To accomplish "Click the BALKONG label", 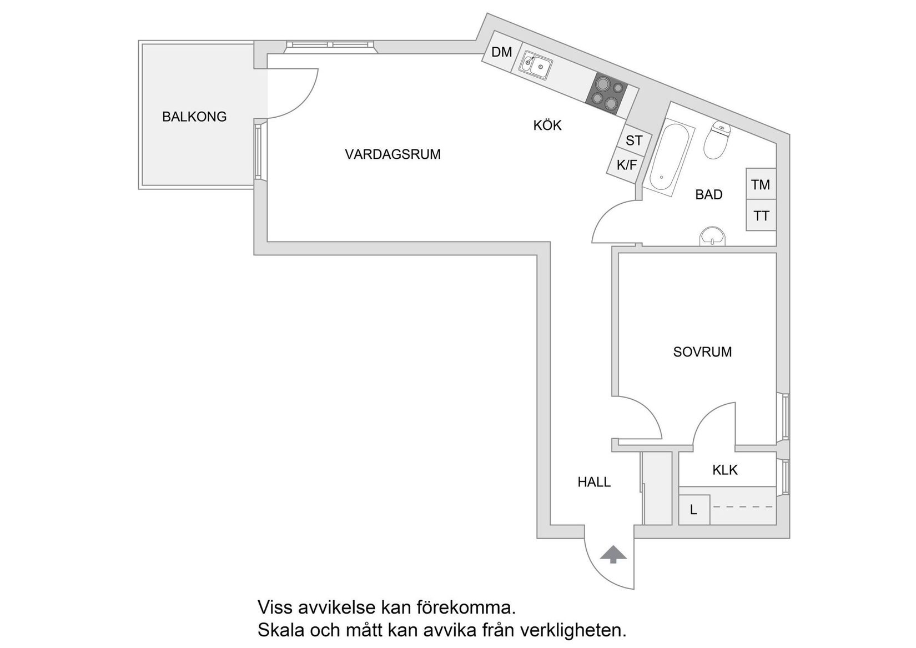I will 194,117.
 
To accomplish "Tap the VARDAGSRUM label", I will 392,154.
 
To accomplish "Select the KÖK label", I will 547,125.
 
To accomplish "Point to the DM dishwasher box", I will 501,53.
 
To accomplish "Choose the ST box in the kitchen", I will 633,141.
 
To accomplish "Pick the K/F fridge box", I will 627,165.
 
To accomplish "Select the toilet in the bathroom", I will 717,140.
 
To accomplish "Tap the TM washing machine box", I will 761,184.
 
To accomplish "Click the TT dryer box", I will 761,215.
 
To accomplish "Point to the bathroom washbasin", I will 712,237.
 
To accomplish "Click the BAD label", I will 709,195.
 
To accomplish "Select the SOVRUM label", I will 702,352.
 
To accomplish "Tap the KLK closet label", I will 724,470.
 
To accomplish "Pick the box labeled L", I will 694,510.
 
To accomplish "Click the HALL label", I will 594,482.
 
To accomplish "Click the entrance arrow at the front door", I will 613,555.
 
